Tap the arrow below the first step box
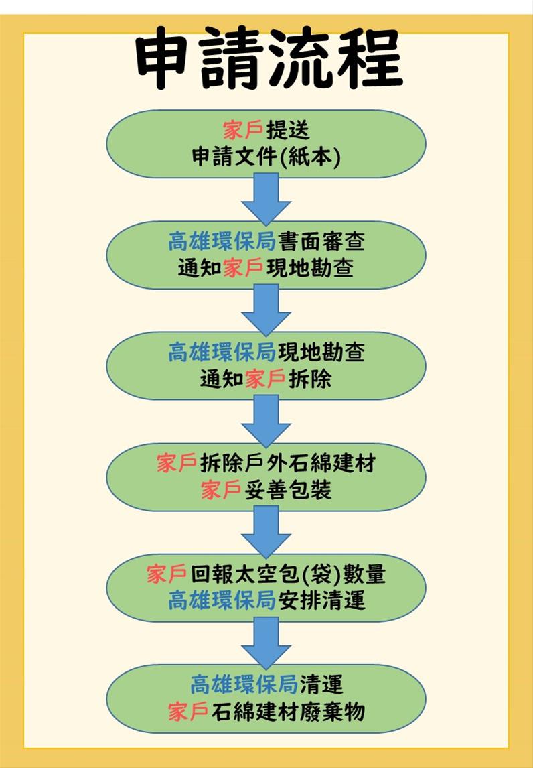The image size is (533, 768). coord(266,199)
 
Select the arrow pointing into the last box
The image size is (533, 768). coord(266,642)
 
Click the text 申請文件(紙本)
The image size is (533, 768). coord(266,157)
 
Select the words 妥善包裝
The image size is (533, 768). coord(287,491)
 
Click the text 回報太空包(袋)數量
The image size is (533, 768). coord(287,574)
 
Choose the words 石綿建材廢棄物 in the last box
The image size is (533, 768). coord(287,712)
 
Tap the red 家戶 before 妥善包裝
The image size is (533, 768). coord(221,491)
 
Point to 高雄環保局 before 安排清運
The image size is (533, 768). coord(222,601)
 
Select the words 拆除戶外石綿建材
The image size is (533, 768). coord(287,463)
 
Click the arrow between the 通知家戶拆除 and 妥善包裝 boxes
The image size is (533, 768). coord(266,421)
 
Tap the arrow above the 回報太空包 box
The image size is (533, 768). coord(266,531)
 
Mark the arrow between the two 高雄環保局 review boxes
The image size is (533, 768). coord(266,310)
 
